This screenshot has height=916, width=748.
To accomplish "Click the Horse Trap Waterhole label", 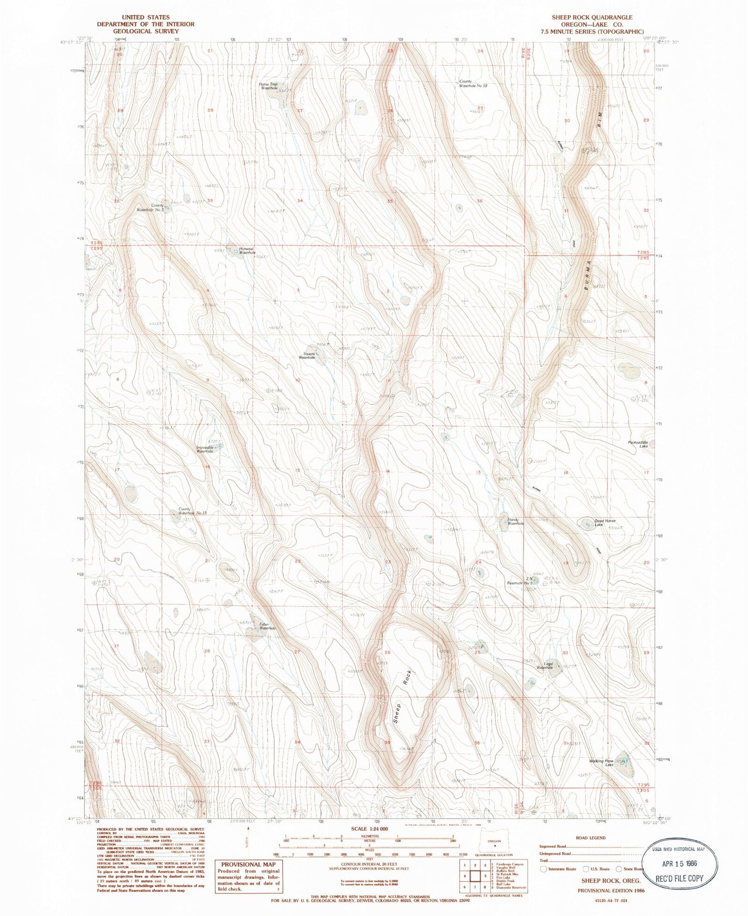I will click(x=269, y=86).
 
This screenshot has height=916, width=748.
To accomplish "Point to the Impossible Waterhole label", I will click(x=204, y=449).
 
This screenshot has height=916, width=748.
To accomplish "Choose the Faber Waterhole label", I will click(x=267, y=626).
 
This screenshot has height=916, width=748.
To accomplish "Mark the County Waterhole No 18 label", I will click(x=473, y=84).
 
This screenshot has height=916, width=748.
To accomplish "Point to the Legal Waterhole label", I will click(x=546, y=666).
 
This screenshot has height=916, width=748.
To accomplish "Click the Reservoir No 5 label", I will click(x=520, y=583).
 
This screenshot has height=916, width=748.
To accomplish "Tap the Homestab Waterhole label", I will click(x=246, y=250).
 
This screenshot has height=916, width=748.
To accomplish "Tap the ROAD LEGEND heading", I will click(x=590, y=838).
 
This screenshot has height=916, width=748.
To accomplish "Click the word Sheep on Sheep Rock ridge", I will click(x=397, y=713).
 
